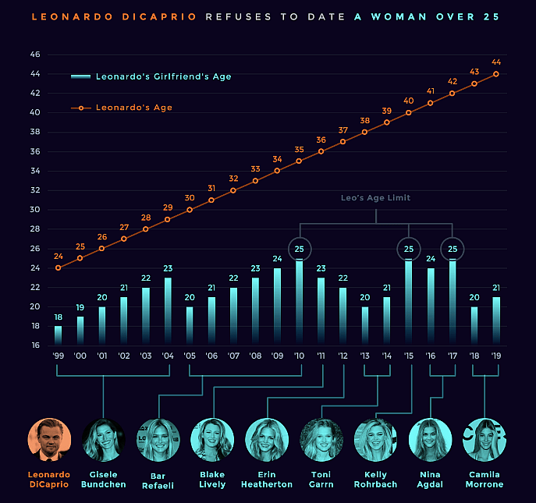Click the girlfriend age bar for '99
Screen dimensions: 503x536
58,335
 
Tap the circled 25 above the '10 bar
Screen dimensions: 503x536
299,249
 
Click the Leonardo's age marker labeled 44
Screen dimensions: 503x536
496,74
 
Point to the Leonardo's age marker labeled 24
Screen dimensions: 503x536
58,267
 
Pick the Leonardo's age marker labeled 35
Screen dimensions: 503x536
299,161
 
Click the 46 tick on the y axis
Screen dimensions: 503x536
35,55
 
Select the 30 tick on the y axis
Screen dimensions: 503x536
35,210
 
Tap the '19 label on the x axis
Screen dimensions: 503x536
496,356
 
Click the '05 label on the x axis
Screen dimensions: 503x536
190,356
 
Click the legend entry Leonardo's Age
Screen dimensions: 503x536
133,108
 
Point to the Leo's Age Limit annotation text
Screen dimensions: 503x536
375,198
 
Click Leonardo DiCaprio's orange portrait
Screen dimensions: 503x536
49,440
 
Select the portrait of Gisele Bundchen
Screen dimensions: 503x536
104,440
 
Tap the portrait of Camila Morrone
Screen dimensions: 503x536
485,440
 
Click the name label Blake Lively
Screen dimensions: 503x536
213,479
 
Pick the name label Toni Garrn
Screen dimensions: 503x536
321,479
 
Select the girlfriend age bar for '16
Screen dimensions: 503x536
431,306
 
